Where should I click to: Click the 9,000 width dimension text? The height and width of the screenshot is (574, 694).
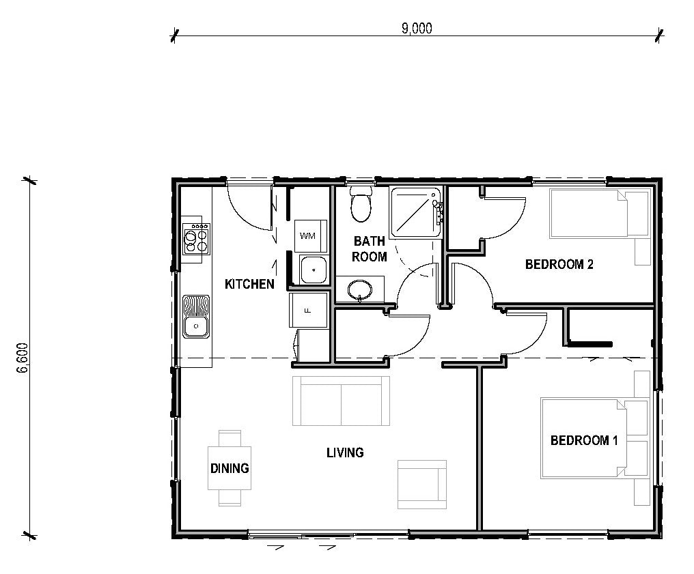point(417,28)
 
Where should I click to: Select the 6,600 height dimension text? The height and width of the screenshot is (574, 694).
point(23,358)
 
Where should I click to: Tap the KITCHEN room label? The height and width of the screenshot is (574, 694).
point(249,284)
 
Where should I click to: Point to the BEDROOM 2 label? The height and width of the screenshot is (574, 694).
point(559,264)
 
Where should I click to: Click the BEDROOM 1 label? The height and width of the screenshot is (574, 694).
point(584,440)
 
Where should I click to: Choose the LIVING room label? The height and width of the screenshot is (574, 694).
point(345,453)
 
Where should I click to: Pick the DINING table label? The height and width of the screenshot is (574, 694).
point(230,468)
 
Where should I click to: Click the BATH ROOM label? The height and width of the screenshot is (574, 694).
point(369,249)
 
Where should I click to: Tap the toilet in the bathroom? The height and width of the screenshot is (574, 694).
point(361,203)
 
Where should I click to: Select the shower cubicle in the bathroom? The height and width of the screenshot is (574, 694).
point(415,213)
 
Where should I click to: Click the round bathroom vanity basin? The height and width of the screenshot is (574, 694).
point(359,290)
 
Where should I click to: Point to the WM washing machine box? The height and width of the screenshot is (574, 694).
point(311,235)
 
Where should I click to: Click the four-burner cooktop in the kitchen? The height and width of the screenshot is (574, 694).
point(196,239)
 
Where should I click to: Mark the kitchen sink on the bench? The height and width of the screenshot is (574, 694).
point(196,316)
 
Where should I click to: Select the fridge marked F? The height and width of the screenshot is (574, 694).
point(308,310)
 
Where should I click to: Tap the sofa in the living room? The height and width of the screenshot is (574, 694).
point(341,401)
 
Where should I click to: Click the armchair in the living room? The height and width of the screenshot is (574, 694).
point(422,484)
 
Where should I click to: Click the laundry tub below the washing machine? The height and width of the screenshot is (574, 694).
point(313,270)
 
